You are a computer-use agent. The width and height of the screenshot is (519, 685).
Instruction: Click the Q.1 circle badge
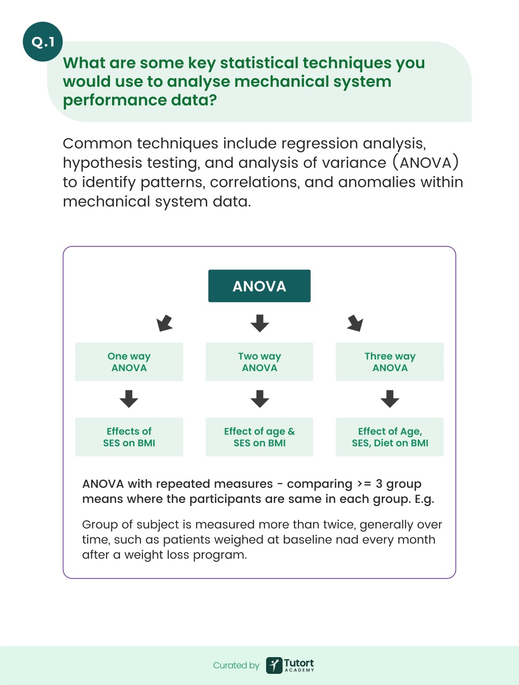click(43, 42)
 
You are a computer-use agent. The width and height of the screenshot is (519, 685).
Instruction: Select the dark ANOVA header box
click(259, 286)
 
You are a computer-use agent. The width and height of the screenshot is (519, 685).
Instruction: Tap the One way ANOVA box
click(129, 362)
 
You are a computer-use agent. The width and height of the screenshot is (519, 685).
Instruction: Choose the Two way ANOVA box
click(259, 362)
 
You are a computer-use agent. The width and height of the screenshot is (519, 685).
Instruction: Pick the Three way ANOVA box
click(390, 362)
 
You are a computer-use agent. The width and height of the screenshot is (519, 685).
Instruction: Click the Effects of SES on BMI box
click(129, 437)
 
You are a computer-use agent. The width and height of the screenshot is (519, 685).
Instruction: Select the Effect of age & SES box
click(259, 437)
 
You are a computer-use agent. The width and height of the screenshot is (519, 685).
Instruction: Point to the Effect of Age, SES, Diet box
click(390, 437)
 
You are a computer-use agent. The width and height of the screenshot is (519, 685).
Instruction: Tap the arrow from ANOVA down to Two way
click(259, 323)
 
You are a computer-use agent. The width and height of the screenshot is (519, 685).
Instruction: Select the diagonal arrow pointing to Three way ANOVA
click(355, 323)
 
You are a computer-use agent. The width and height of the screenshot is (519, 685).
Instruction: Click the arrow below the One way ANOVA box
click(129, 399)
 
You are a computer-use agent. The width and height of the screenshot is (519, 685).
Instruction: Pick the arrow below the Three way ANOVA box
click(390, 399)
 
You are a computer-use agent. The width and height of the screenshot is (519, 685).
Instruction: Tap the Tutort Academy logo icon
click(274, 665)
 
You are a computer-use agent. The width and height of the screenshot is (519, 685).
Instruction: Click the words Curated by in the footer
click(236, 666)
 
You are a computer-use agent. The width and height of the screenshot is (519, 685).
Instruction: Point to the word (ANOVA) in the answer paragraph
click(426, 163)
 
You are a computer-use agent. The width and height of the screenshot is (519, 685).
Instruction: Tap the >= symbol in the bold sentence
click(364, 484)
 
